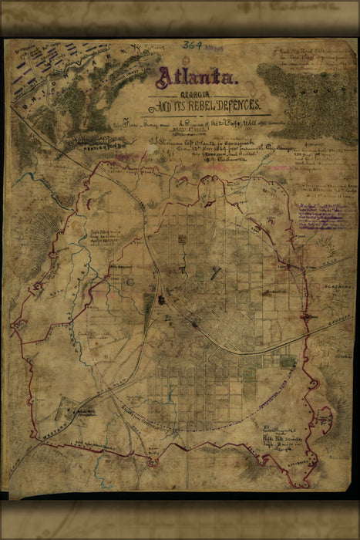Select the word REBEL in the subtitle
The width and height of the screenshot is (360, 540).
[204, 106]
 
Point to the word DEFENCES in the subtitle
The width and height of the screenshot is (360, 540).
[239, 106]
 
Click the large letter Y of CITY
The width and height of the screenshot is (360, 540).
[218, 270]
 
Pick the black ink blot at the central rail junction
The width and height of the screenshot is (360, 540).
[161, 299]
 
